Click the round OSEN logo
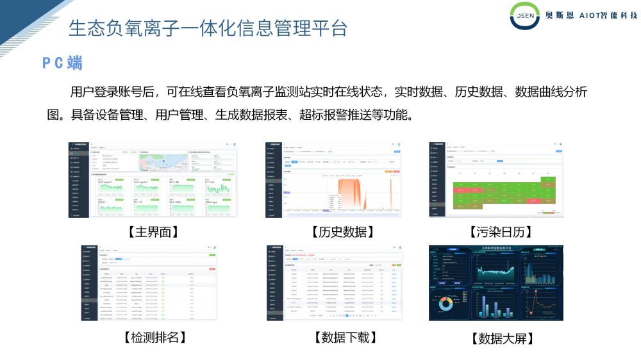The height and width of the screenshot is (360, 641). (x=525, y=16)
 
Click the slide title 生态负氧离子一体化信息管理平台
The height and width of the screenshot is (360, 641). (x=208, y=28)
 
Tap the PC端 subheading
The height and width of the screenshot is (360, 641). (x=62, y=63)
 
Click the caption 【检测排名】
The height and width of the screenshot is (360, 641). (x=152, y=337)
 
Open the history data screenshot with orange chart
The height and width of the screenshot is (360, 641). (x=334, y=180)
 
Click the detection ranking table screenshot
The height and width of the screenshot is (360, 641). (x=149, y=282)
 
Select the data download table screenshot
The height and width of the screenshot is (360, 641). (x=334, y=282)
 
